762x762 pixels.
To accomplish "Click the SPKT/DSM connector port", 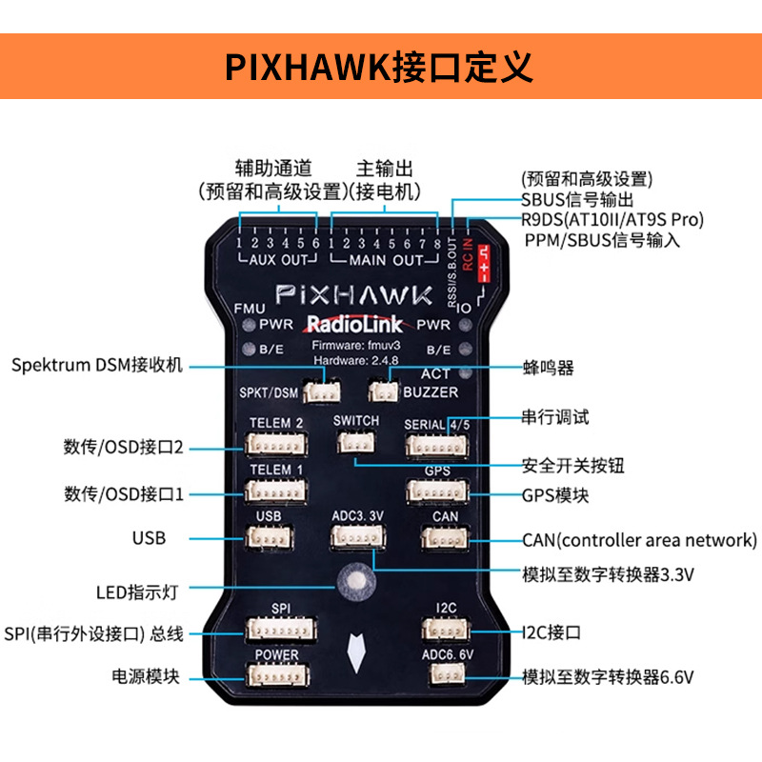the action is (x=321, y=391).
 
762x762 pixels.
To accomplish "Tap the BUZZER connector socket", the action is (x=383, y=390).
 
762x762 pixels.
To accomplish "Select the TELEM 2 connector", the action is (x=276, y=444).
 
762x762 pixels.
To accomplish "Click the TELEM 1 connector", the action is (x=275, y=491).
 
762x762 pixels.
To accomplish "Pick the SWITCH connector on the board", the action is (x=355, y=442).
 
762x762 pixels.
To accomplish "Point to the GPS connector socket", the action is (x=438, y=491).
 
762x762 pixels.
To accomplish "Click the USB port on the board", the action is (x=269, y=537).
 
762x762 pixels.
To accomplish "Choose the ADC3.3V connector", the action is (x=358, y=536).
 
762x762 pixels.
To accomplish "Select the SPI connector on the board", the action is (x=281, y=629).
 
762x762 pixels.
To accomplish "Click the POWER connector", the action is (x=277, y=674).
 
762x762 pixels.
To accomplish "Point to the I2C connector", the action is (x=446, y=630).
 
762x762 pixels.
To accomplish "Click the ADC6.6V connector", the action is (x=446, y=673).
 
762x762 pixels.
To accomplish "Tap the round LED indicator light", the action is (x=356, y=581).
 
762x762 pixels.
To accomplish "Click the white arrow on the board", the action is (x=356, y=652).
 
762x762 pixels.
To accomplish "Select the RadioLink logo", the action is (x=353, y=324).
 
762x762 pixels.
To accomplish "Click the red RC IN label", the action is (x=468, y=254).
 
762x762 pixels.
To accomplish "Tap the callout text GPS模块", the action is (x=555, y=495).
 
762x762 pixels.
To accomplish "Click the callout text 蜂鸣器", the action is (x=549, y=368).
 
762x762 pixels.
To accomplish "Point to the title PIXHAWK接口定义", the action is (x=378, y=67).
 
